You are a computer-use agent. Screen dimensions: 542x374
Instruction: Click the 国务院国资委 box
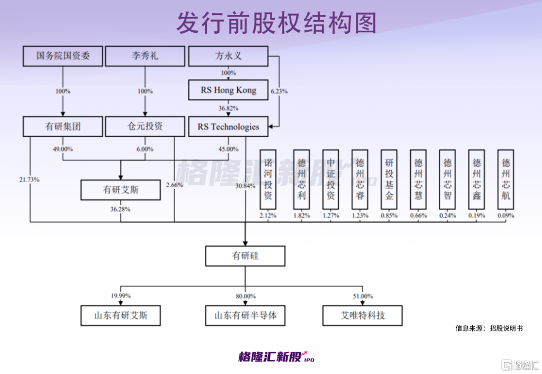pyautogui.click(x=63, y=56)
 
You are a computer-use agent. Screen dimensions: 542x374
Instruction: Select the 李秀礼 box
pyautogui.click(x=145, y=56)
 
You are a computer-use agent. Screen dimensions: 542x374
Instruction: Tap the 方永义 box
pyautogui.click(x=228, y=56)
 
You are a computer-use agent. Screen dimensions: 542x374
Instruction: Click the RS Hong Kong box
pyautogui.click(x=228, y=90)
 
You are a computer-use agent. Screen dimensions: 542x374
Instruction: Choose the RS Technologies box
pyautogui.click(x=228, y=127)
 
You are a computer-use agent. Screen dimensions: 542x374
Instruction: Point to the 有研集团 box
pyautogui.click(x=63, y=127)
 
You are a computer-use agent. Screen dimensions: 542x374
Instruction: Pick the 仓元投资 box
pyautogui.click(x=145, y=127)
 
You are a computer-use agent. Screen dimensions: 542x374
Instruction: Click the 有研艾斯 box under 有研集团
pyautogui.click(x=120, y=190)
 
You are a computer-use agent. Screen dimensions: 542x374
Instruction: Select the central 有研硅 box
pyautogui.click(x=245, y=256)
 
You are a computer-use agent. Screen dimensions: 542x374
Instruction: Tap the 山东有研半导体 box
pyautogui.click(x=245, y=316)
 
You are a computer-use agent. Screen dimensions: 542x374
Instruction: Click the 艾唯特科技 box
pyautogui.click(x=363, y=316)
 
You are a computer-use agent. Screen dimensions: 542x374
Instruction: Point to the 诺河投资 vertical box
pyautogui.click(x=268, y=179)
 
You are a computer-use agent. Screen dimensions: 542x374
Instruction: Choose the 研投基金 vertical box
pyautogui.click(x=389, y=179)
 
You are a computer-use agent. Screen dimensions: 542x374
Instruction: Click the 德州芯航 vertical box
pyautogui.click(x=506, y=179)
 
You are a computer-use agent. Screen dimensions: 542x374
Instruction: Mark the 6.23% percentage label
pyautogui.click(x=280, y=91)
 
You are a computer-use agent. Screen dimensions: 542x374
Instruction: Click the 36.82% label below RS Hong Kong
pyautogui.click(x=228, y=108)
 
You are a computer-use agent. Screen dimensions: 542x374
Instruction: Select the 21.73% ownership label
pyautogui.click(x=30, y=179)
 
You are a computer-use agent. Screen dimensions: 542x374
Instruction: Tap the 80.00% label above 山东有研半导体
pyautogui.click(x=246, y=296)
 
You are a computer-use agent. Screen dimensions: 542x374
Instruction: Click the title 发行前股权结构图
pyautogui.click(x=277, y=23)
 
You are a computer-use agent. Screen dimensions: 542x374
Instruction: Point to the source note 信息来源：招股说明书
pyautogui.click(x=489, y=328)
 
